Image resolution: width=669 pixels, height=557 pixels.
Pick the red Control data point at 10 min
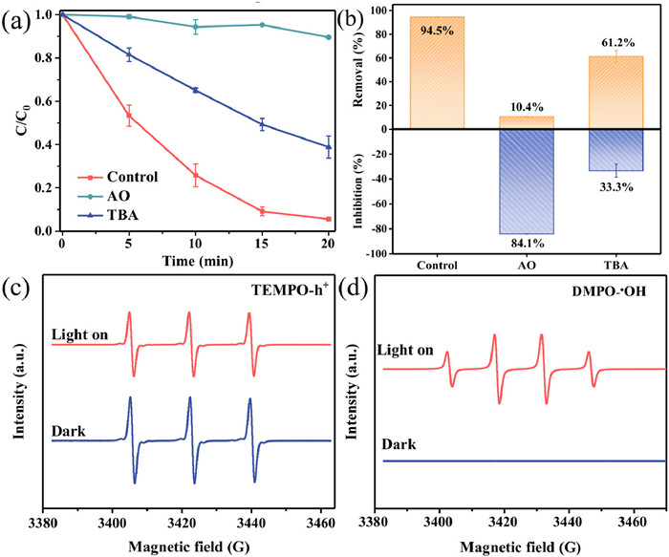[x=196, y=175]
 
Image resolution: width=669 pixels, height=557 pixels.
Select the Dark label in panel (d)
[x=398, y=445]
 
